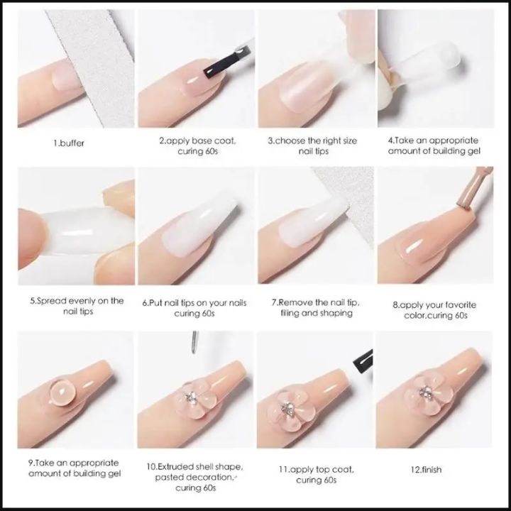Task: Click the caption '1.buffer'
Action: tap(70, 143)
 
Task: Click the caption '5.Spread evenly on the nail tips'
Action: tap(76, 306)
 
